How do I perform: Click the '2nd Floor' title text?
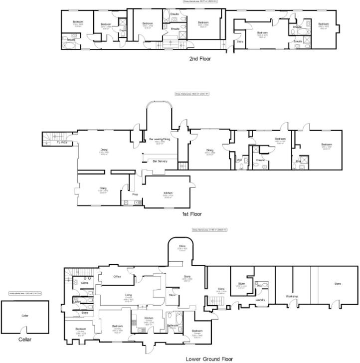199,59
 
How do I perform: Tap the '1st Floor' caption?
191,214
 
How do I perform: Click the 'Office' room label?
117,276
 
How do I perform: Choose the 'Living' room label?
128,295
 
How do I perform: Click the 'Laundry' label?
259,300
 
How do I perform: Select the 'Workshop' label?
292,297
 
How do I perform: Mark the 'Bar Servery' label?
160,162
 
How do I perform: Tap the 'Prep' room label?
135,194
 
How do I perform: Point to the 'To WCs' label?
61,143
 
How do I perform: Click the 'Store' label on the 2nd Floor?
240,41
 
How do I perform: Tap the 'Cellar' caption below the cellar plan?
25,340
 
